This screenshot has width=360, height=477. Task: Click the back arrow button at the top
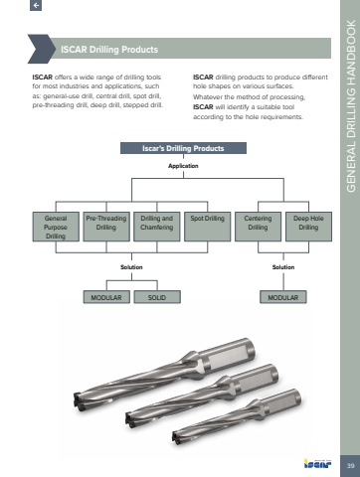36,5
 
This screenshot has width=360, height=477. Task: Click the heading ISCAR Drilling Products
109,50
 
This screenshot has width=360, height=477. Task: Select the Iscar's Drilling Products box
183,148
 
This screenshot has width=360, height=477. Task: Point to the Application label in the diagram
183,166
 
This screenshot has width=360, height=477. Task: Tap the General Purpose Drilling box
56,227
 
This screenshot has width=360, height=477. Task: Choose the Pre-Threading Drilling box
106,227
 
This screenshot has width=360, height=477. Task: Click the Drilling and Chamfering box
157,227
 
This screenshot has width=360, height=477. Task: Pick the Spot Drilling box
208,227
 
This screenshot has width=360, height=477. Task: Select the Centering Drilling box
258,227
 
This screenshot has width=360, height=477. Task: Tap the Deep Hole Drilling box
308,227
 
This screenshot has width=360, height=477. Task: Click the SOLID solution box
157,297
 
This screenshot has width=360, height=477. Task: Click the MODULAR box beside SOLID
106,297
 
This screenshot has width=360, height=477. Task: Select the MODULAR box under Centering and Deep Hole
283,297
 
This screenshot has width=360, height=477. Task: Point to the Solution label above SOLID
131,267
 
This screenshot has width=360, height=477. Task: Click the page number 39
350,466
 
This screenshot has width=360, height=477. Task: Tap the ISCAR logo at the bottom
317,463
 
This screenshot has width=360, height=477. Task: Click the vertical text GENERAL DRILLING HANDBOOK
351,106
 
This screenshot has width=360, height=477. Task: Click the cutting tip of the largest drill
79,400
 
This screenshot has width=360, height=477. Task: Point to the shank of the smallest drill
280,400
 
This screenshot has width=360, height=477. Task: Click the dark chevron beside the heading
42,49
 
